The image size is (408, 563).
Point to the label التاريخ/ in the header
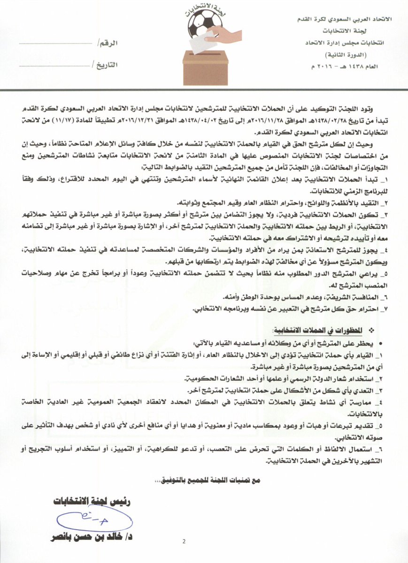pos(105,65)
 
